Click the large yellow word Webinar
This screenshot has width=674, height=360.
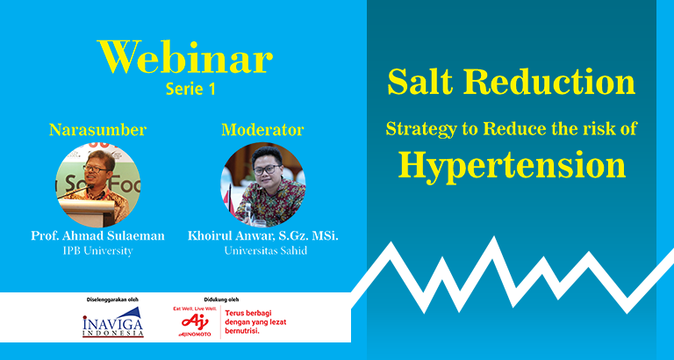click(x=185, y=57)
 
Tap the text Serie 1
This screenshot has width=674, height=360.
click(x=190, y=89)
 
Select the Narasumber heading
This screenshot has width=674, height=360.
click(x=98, y=129)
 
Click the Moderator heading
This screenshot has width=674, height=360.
click(x=262, y=129)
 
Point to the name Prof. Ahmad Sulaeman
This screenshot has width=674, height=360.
click(x=97, y=235)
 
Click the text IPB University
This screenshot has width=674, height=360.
click(x=97, y=251)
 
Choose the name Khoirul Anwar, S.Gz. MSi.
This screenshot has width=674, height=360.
click(x=263, y=235)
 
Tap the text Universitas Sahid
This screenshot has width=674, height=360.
click(x=266, y=251)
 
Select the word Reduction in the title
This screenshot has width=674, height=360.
click(x=543, y=82)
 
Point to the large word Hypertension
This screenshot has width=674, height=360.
click(x=512, y=166)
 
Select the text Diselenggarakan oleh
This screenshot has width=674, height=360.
click(x=113, y=299)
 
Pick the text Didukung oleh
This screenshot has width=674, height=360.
click(x=221, y=299)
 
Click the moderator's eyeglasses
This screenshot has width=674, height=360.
click(x=267, y=169)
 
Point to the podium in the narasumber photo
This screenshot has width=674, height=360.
click(x=87, y=212)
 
